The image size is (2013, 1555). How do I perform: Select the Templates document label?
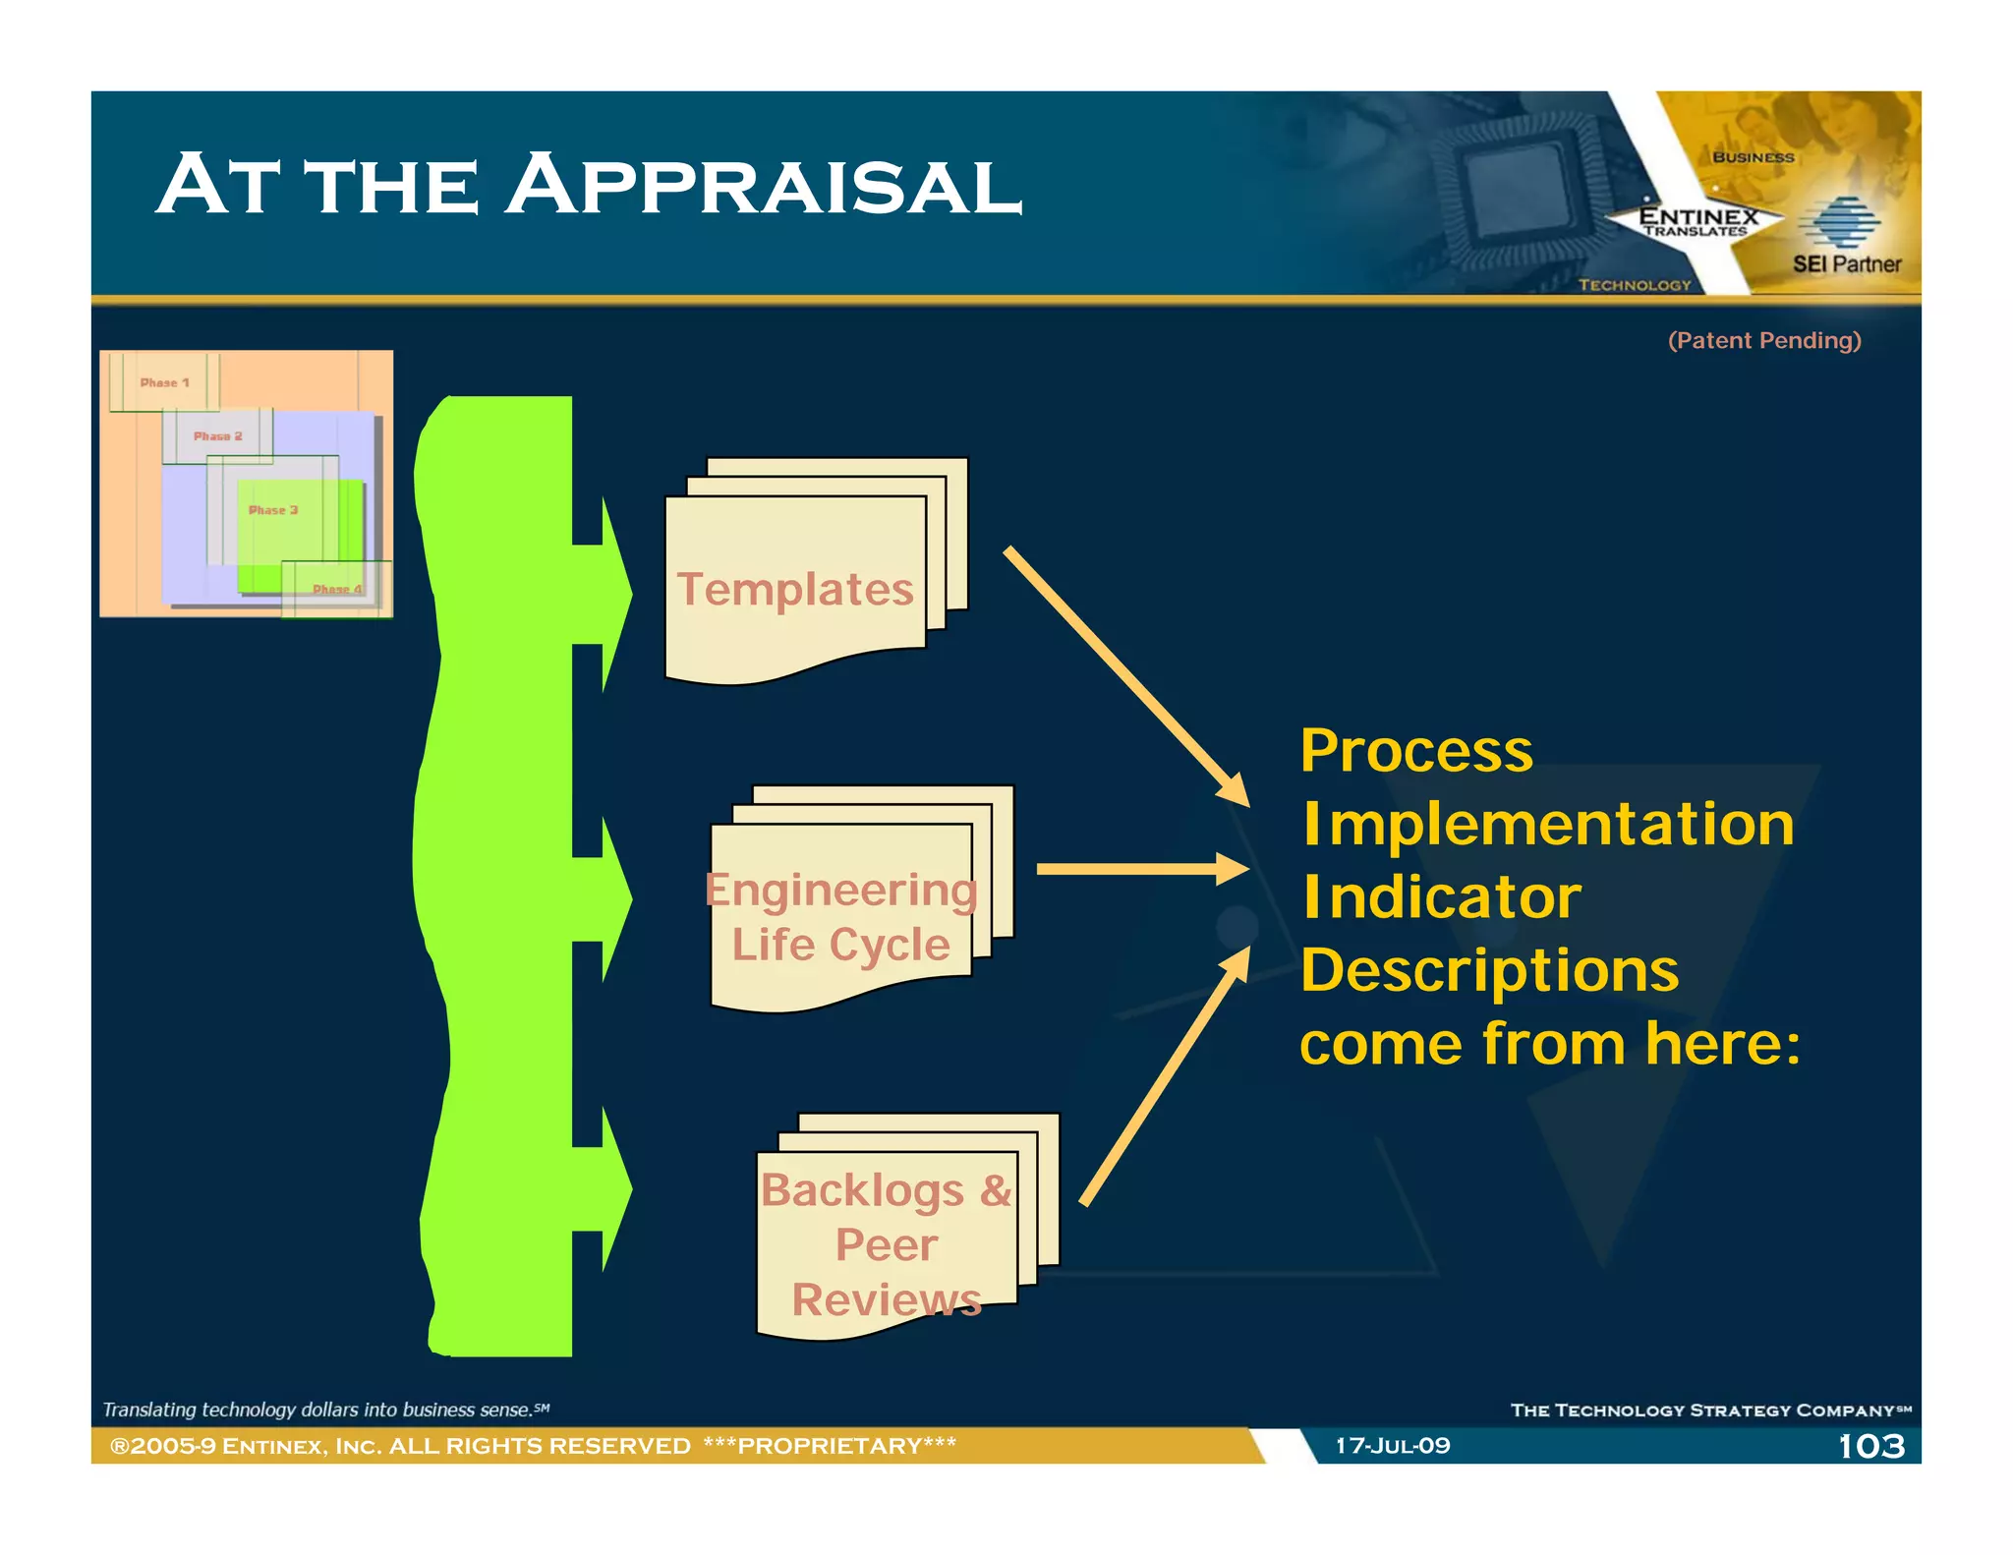point(795,590)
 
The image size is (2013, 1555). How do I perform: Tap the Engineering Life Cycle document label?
point(840,916)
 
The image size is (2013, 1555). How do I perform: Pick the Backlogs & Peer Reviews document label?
point(886,1244)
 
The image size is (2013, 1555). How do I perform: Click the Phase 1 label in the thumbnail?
point(164,382)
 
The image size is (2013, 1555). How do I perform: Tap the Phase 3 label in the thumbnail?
point(272,510)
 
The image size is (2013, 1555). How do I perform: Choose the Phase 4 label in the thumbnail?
point(337,589)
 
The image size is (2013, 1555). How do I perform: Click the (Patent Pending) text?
point(1764,340)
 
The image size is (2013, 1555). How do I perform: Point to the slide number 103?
point(1870,1446)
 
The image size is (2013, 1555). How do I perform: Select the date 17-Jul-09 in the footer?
point(1392,1446)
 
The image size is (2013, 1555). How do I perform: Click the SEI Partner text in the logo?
point(1846,263)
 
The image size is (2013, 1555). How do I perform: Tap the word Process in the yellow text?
point(1415,751)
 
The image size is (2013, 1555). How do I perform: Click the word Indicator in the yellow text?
point(1441,897)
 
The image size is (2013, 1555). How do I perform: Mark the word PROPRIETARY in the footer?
point(830,1446)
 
